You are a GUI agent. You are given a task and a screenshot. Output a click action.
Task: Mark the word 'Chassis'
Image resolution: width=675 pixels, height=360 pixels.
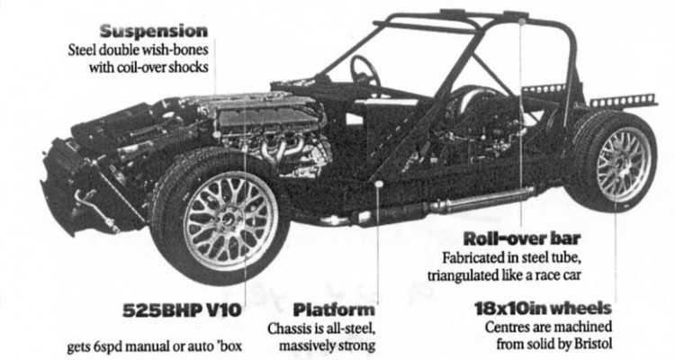(x=291, y=328)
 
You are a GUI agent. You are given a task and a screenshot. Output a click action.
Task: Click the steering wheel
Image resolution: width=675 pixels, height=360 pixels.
(x=364, y=69)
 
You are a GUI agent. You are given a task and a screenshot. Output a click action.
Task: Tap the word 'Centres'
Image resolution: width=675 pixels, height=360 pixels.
(x=509, y=327)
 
